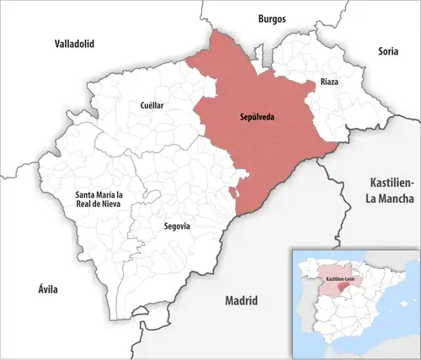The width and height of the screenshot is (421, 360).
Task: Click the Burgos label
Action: pos(272,18)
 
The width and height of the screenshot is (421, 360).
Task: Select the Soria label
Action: pos(387,51)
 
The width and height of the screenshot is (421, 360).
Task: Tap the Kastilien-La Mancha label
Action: pos(392,190)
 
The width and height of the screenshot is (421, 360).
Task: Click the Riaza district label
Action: pos(329,82)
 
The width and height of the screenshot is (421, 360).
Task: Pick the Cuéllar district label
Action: pos(152,106)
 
